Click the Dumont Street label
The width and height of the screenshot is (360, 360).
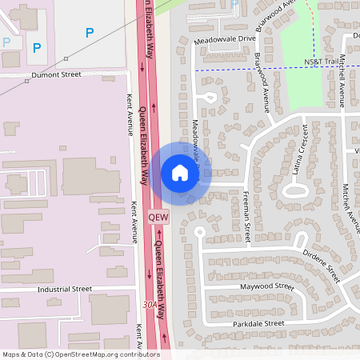(x=57, y=74)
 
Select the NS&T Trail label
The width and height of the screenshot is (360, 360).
(x=322, y=62)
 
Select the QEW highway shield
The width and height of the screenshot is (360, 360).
(x=159, y=217)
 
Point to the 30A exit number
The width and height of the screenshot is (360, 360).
(x=148, y=305)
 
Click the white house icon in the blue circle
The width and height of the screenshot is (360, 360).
(x=179, y=173)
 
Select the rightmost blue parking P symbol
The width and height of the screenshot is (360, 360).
(x=90, y=33)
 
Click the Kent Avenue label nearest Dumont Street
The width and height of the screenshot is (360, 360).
(x=130, y=114)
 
